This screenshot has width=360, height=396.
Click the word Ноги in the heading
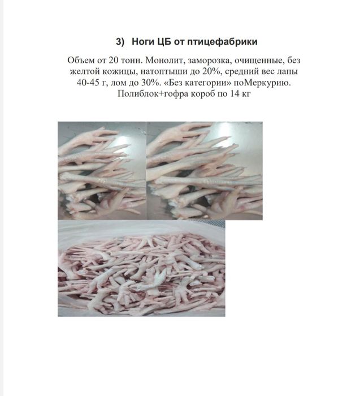coord(142,42)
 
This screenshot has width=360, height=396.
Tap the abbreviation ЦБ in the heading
coord(167,42)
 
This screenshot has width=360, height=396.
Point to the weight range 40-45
coord(88,83)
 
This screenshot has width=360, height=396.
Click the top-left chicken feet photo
coord(102,170)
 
